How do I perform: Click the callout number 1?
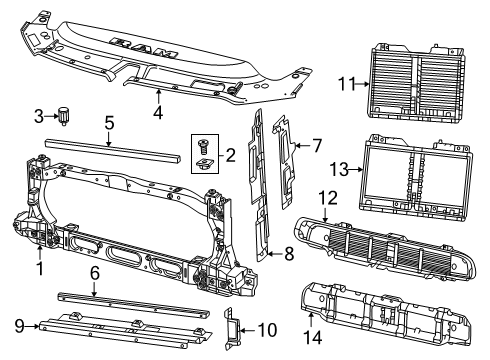coord(39,267)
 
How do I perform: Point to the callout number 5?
coord(109,124)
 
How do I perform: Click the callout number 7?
coord(316,146)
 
